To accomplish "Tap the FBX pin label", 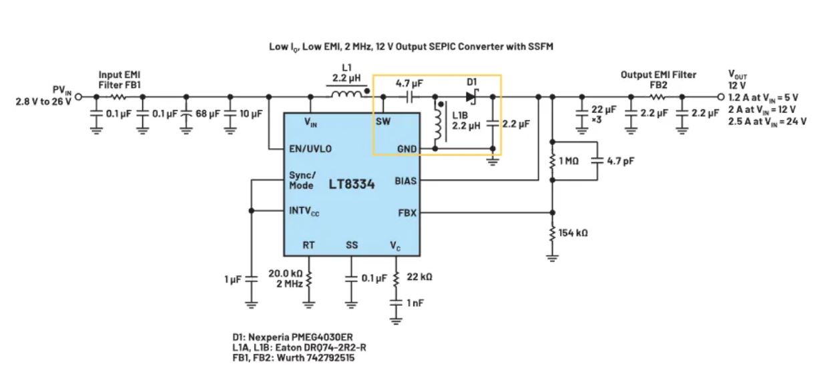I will tap(407, 213).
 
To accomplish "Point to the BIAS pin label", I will tap(405, 180).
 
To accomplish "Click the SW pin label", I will tap(383, 122).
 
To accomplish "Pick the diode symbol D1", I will tap(472, 97).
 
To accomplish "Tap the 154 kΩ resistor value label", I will tap(573, 232).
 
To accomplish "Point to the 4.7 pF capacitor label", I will tap(620, 160).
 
